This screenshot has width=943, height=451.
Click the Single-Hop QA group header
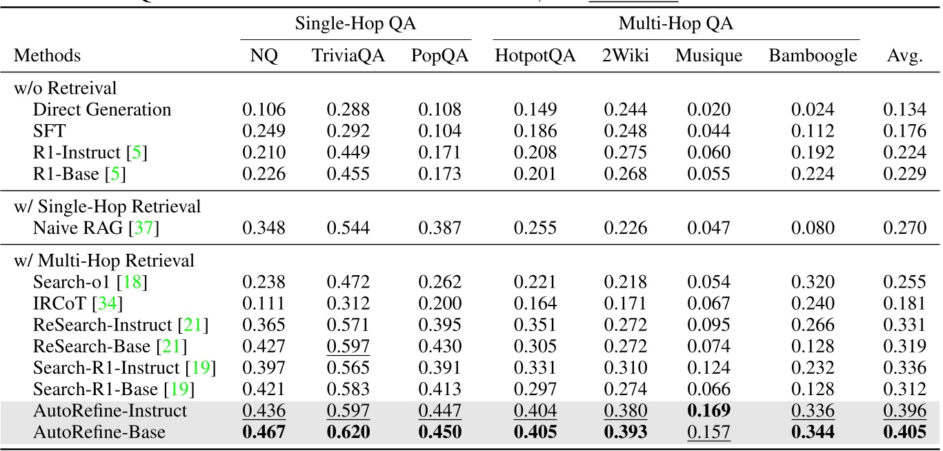point(355,23)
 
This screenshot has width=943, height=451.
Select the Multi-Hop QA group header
point(675,23)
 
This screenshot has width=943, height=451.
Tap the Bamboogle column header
point(813,56)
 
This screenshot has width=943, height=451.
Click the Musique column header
point(708,56)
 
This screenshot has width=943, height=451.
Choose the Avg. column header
point(904,56)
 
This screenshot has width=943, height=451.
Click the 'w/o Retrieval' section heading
point(65,88)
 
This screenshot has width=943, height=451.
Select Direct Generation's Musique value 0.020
point(708,110)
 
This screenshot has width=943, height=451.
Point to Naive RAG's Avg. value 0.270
point(904,227)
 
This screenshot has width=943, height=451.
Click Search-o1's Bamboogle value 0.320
point(813,282)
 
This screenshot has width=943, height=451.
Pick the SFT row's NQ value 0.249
point(264,130)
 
